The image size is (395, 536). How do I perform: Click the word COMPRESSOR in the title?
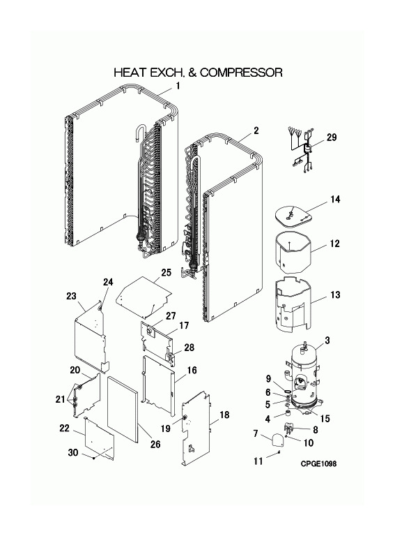[241, 73]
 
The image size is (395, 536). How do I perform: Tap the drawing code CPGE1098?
[318, 463]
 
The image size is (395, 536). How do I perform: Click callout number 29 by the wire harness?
[332, 137]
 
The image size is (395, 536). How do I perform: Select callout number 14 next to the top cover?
[335, 200]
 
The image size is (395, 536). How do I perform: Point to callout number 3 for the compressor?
[327, 341]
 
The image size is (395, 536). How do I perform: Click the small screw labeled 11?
[279, 453]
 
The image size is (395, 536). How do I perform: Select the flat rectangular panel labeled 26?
[123, 408]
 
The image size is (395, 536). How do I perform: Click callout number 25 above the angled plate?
[166, 273]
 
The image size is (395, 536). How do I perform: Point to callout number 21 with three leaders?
[61, 399]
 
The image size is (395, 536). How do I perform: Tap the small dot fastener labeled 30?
[94, 458]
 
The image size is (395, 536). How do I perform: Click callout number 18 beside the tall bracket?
[224, 415]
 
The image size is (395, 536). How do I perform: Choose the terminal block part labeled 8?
[289, 429]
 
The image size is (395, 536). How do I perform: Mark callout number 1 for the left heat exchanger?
[178, 86]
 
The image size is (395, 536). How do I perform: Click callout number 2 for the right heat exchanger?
[256, 131]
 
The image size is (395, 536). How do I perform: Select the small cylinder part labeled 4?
[289, 415]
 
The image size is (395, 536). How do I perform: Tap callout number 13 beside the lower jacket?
[335, 295]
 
